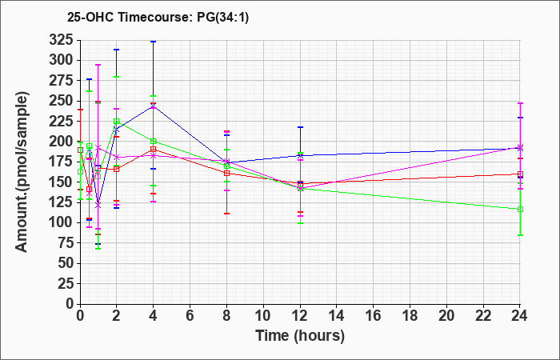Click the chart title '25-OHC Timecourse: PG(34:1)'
[x=158, y=18]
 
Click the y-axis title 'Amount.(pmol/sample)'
[x=22, y=172]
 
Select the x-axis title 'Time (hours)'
[x=300, y=336]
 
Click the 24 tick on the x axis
[x=520, y=316]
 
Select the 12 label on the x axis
[x=300, y=316]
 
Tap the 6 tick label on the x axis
[x=190, y=316]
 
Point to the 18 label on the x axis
[x=410, y=316]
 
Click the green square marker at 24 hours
[x=520, y=210]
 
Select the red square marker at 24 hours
[x=520, y=174]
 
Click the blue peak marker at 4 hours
[x=154, y=106]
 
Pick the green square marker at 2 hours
[x=117, y=122]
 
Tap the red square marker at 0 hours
[x=80, y=150]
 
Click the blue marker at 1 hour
[x=98, y=206]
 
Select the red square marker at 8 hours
[x=226, y=174]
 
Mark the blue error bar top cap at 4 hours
[x=154, y=42]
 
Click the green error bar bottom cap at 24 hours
[x=520, y=235]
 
